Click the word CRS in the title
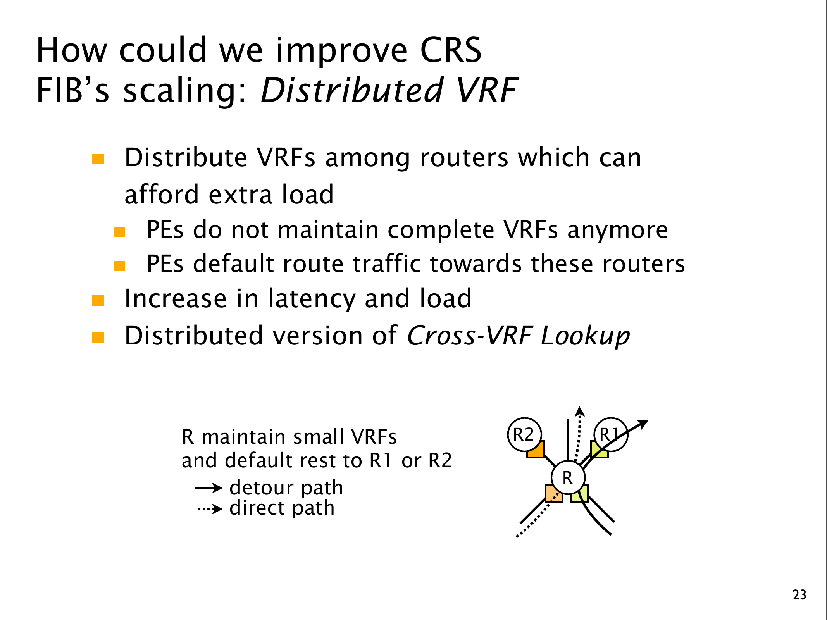[451, 50]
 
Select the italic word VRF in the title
[487, 90]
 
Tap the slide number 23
[799, 595]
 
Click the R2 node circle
[524, 434]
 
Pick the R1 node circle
[611, 434]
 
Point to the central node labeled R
[568, 477]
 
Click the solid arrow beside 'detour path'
[208, 488]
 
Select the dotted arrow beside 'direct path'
[208, 509]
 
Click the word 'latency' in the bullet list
[312, 299]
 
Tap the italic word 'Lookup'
[585, 336]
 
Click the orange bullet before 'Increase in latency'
[98, 300]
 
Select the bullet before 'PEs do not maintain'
[119, 232]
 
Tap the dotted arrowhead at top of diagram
[579, 411]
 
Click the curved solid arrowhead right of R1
[643, 424]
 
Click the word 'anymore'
[618, 230]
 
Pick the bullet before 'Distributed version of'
[98, 338]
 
